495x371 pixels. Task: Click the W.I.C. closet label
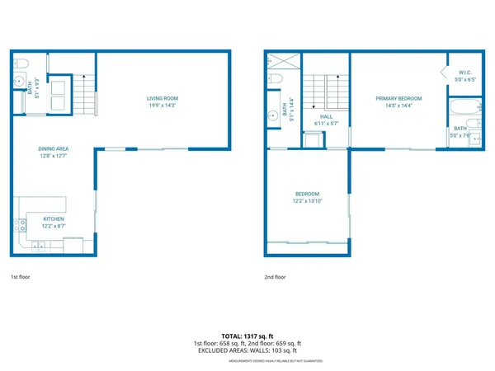(465, 72)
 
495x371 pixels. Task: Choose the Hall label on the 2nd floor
(327, 116)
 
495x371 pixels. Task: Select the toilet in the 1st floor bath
(21, 63)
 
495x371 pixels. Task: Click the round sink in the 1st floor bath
(18, 81)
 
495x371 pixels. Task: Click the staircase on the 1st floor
(86, 93)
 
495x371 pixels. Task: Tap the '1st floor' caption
(21, 278)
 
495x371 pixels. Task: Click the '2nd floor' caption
(275, 278)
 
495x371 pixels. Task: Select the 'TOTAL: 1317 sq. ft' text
(247, 336)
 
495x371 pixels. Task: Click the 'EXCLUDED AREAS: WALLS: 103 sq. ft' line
(247, 350)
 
